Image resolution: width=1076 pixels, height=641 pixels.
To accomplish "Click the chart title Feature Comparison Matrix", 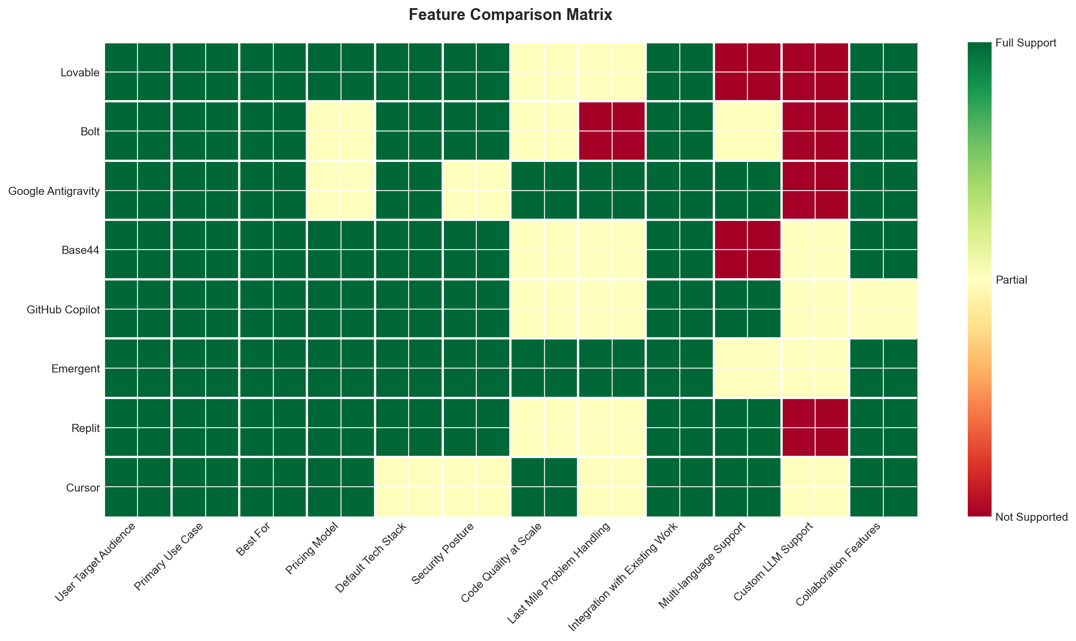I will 510,15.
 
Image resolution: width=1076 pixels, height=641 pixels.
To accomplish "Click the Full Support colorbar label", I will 1025,43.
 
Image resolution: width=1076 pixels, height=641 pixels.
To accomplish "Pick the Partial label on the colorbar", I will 1011,280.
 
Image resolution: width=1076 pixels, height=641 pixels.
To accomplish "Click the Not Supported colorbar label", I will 1031,517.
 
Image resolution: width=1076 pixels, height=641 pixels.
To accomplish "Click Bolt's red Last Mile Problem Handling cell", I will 612,131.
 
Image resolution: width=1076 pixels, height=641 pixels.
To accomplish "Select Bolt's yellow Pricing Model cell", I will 341,131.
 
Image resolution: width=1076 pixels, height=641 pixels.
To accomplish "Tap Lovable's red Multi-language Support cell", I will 747,72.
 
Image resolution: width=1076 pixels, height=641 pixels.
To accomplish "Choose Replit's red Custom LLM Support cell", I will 815,428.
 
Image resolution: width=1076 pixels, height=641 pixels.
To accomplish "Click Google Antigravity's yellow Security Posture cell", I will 476,191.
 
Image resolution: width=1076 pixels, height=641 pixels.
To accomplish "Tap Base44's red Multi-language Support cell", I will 747,250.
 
